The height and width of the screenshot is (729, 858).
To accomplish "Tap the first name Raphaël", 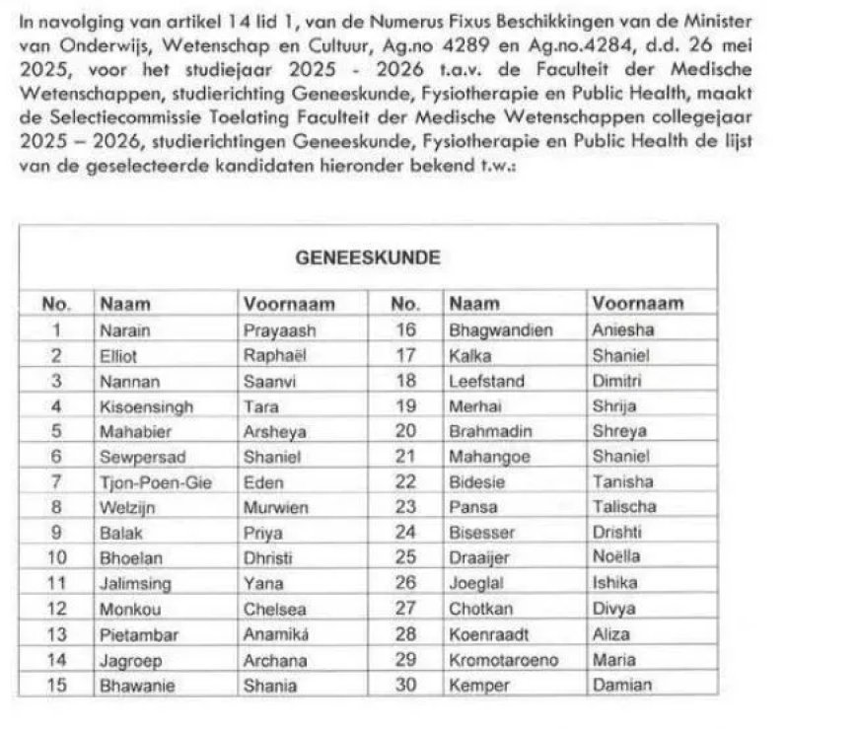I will click(x=275, y=355).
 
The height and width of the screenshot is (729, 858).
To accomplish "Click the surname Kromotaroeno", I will click(x=498, y=659).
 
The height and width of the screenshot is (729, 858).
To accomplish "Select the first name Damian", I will click(x=621, y=685).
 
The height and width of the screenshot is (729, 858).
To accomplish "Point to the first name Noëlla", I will click(x=616, y=558).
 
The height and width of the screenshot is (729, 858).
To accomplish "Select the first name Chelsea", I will click(x=274, y=609).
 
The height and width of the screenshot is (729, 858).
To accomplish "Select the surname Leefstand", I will click(x=486, y=381).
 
